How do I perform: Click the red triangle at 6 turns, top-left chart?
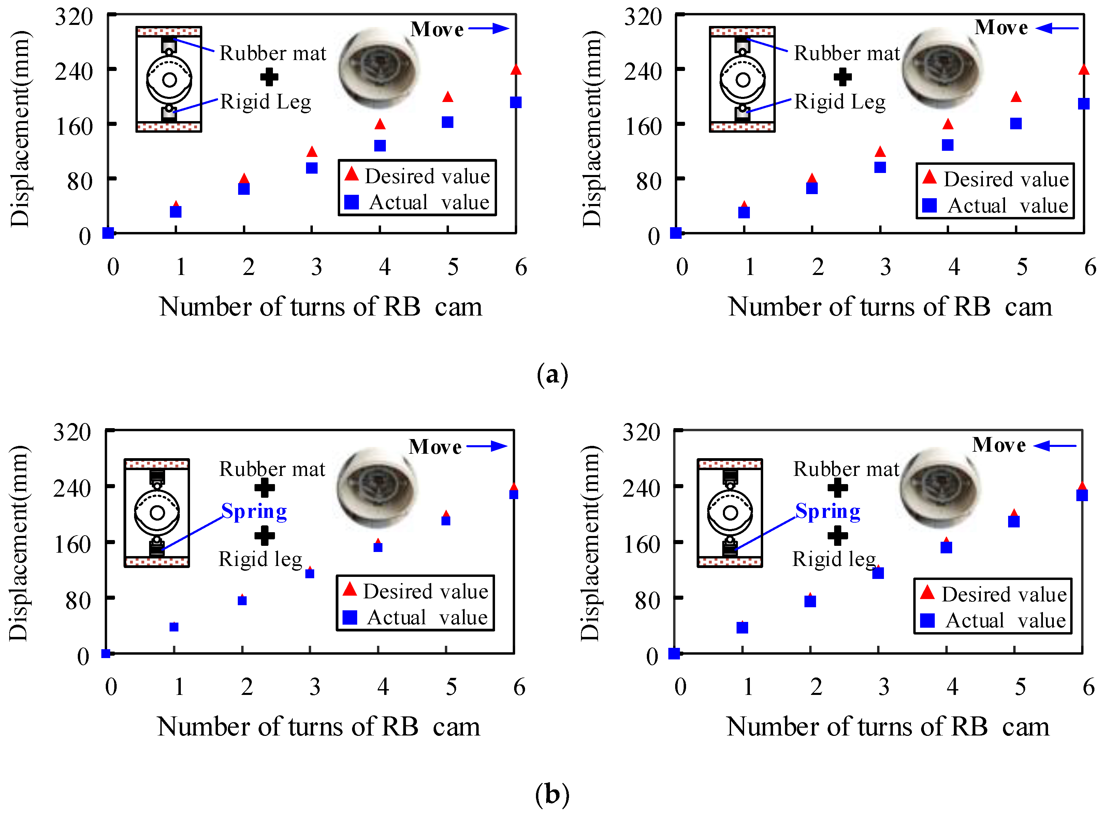pos(515,70)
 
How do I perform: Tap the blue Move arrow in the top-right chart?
pos(1057,28)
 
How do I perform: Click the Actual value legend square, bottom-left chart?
pos(350,617)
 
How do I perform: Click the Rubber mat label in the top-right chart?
pos(846,53)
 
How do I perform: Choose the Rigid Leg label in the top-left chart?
pos(265,102)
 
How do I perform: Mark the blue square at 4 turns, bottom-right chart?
pos(946,547)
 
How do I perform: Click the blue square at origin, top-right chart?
pos(676,233)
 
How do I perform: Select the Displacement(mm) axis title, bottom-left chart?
pos(19,543)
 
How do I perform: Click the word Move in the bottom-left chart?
pos(435,447)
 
